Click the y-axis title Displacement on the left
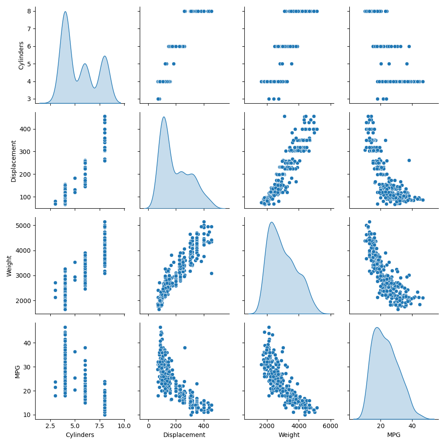pos(13,161)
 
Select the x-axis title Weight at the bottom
pos(289,435)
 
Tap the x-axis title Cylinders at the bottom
pos(80,435)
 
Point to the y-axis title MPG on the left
pos(18,372)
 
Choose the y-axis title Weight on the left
pos(9,266)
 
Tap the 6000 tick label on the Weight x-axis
pos(331,426)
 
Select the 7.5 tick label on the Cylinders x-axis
pos(100,426)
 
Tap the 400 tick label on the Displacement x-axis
pos(204,426)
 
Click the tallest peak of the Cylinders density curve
pos(65,12)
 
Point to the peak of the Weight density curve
pos(271,222)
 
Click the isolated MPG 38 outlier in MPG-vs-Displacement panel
pos(185,348)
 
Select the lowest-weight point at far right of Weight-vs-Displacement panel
pos(211,273)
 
